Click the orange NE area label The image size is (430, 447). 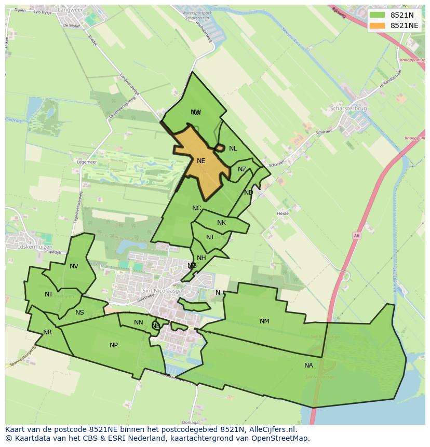201,161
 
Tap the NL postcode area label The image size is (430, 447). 233,148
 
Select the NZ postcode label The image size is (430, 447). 242,169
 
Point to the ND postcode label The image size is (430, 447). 248,193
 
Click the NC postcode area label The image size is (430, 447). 196,208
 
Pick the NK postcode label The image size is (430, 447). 221,223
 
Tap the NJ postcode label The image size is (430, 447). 210,237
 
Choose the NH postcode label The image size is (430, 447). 201,258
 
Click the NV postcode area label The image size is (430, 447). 74,266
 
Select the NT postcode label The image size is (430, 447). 49,294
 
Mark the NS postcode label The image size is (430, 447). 79,313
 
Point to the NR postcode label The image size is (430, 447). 48,332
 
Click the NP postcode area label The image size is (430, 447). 114,345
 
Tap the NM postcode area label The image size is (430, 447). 264,321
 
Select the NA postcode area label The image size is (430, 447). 308,365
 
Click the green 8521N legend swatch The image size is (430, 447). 378,15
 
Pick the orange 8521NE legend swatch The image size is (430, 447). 378,25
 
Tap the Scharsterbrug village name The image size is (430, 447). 348,109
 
